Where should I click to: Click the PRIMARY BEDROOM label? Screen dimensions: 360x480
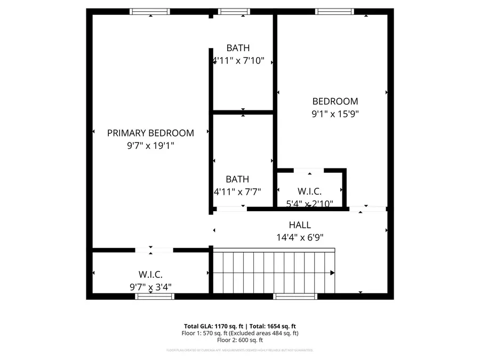point(150,133)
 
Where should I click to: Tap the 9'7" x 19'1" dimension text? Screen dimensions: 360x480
point(150,145)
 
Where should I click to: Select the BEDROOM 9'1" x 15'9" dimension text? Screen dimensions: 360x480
point(335,114)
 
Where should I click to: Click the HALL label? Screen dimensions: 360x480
point(300,225)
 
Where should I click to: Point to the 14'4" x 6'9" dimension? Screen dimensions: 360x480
point(300,237)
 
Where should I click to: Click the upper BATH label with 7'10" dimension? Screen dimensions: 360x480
point(237,48)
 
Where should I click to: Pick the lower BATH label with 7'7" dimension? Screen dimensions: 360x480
point(237,180)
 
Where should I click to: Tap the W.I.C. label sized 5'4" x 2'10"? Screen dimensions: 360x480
point(309,191)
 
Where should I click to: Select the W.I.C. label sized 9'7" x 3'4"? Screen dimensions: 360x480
point(150,275)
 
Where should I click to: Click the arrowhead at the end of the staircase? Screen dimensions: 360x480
point(332,273)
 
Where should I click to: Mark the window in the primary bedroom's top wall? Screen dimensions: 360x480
point(150,11)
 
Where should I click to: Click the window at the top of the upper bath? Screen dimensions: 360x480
point(234,11)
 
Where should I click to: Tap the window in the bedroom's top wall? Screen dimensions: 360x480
point(334,11)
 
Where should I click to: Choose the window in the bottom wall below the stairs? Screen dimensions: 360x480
point(295,296)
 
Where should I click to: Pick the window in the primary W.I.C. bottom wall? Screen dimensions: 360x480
point(155,296)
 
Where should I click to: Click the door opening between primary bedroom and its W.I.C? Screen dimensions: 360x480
point(154,250)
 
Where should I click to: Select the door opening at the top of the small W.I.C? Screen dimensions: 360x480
point(308,171)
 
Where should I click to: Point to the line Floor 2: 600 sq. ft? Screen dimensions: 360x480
point(240,340)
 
